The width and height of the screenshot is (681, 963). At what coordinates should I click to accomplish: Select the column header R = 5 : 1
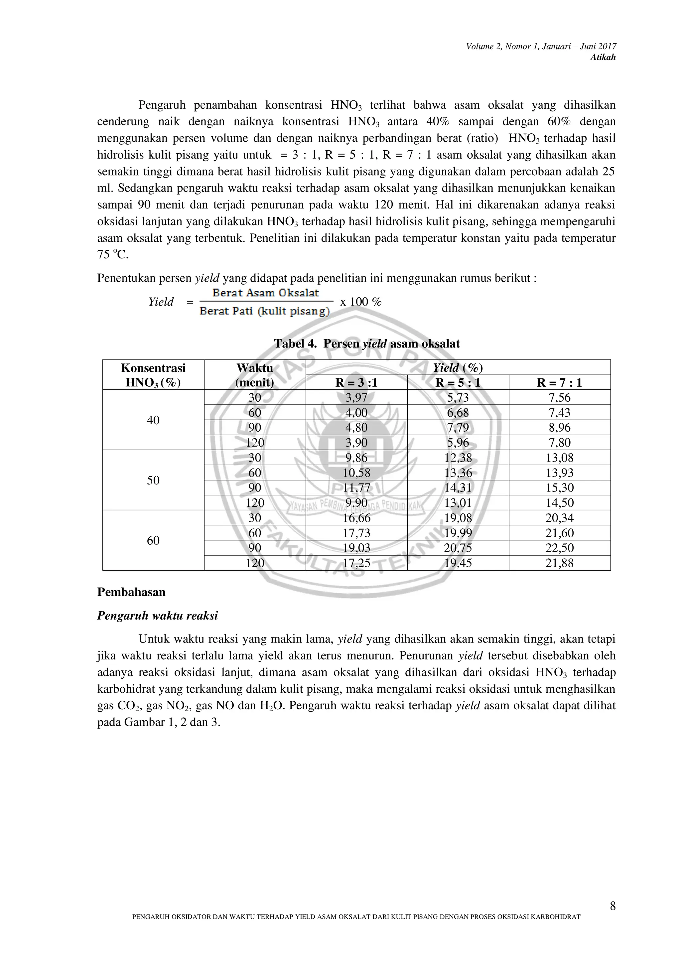(458, 382)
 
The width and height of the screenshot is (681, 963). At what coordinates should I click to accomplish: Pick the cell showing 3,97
(356, 398)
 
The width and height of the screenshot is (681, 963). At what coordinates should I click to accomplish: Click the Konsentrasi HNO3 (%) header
(153, 375)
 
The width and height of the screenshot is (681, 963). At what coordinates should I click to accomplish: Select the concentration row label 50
(153, 480)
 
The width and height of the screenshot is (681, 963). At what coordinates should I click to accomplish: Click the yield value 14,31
(458, 488)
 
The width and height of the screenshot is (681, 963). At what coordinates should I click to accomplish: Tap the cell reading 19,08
(458, 518)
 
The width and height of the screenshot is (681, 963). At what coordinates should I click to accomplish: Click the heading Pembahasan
(131, 592)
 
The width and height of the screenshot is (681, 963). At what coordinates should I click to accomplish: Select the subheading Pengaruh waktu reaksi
(157, 616)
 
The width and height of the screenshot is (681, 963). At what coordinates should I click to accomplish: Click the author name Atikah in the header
(603, 58)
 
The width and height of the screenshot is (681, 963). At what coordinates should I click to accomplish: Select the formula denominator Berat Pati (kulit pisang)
(265, 311)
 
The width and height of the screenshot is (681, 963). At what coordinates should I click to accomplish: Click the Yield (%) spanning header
(458, 368)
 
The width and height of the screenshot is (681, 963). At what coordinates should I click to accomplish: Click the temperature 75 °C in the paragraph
(112, 255)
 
